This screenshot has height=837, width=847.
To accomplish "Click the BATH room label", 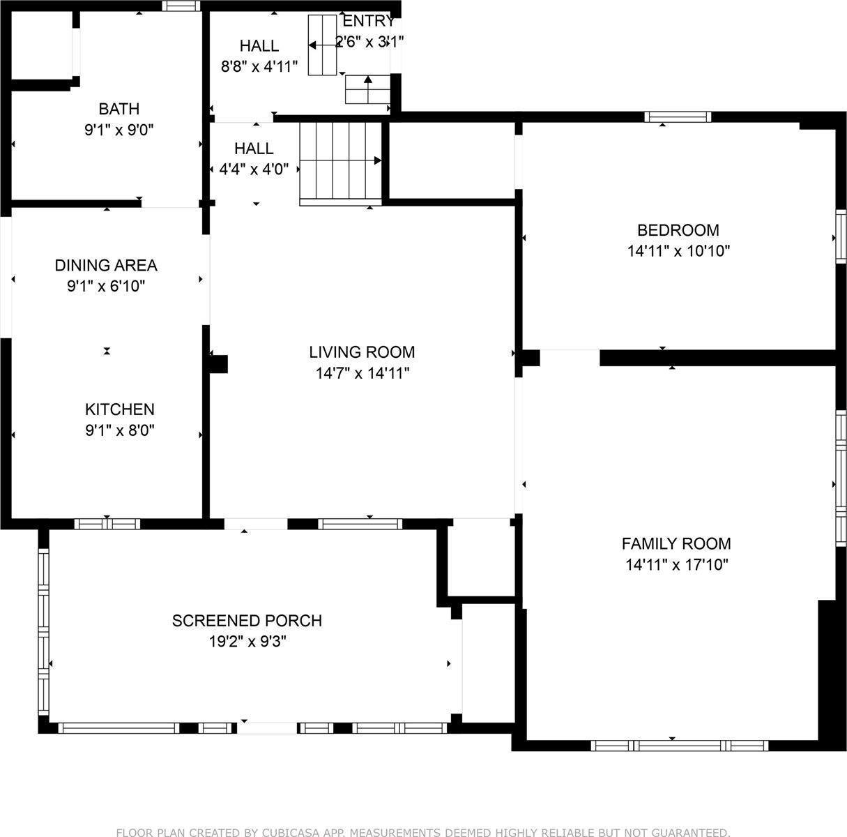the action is click(x=119, y=109).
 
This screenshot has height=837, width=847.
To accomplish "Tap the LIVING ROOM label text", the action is click(x=362, y=352).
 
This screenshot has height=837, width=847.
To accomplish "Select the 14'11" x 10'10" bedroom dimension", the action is click(x=678, y=251).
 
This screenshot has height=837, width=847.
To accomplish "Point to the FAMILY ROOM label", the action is click(x=676, y=543).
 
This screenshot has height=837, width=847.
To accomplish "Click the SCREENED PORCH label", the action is click(x=247, y=621).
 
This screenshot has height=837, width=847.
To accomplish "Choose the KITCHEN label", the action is click(x=119, y=409).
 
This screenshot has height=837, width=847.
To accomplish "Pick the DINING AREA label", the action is click(x=106, y=265).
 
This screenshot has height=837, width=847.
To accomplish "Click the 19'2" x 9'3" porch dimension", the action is click(x=247, y=642).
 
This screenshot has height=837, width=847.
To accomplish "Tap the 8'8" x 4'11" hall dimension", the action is click(x=259, y=66).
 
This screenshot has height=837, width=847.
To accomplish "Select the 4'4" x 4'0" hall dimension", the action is click(x=254, y=169).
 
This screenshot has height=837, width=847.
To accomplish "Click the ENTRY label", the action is click(x=368, y=21).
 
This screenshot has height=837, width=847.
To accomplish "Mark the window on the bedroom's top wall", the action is click(x=678, y=117).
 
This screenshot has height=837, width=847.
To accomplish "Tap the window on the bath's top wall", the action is click(x=181, y=6).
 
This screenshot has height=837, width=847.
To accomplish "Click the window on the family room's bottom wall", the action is click(x=680, y=746).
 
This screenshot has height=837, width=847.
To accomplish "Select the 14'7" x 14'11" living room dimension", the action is click(x=363, y=373).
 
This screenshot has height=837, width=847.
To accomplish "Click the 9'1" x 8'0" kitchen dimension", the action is click(x=119, y=430).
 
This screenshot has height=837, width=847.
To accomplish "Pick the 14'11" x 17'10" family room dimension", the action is click(x=677, y=565).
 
